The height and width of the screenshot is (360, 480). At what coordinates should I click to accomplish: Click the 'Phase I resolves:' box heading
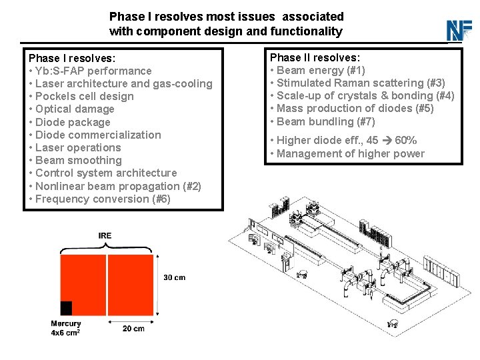(x=71, y=58)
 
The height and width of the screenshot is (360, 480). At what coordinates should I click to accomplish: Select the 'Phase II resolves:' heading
(x=314, y=57)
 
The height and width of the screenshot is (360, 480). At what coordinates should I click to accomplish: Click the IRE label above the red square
(x=105, y=236)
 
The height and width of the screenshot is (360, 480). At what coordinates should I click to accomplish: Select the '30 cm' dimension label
(x=174, y=277)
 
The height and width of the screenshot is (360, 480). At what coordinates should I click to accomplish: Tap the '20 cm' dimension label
(x=133, y=329)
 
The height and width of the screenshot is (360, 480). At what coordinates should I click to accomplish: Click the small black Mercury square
(x=66, y=308)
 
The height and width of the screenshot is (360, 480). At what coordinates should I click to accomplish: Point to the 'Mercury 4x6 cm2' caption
(x=66, y=328)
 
